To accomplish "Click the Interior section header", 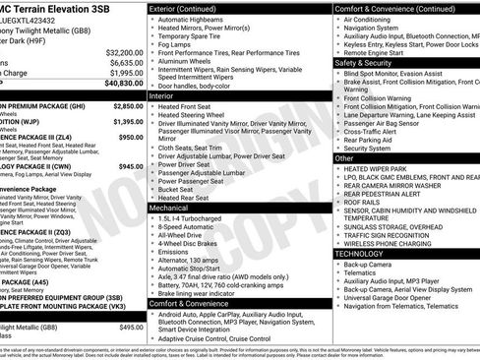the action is click(x=161, y=96).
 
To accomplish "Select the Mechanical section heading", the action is click(x=168, y=209).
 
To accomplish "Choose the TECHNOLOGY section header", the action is click(x=362, y=253).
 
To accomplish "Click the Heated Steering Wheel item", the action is click(x=194, y=116).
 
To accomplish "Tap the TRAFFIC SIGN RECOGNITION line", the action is click(x=388, y=235).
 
